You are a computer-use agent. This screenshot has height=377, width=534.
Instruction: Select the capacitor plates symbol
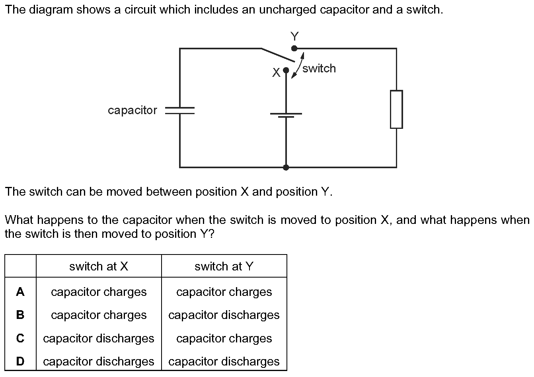coord(180,111)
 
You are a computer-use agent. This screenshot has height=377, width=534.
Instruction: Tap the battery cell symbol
coord(286,115)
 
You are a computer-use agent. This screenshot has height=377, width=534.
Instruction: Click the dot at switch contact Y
coord(294,49)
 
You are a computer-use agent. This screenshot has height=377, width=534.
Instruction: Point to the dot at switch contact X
coord(286,70)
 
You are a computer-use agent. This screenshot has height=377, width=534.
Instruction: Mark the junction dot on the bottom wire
coord(286,167)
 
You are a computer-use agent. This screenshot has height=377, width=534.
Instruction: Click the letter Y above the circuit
coord(294,37)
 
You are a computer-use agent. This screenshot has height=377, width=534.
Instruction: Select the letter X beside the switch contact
coord(276,72)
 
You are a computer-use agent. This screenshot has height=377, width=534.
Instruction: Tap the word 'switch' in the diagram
coord(319,68)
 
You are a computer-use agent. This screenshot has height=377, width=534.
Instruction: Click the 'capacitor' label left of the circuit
coord(133,110)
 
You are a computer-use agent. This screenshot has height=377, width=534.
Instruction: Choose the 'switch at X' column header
coord(99,266)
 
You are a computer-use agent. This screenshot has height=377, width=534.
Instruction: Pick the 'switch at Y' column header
coord(224,266)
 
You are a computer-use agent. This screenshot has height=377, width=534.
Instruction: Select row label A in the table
coord(20,291)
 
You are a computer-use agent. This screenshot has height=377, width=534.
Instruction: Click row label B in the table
coord(20,315)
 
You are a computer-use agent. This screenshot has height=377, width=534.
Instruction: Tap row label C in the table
coord(20,338)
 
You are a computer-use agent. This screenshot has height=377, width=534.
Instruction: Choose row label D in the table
coord(20,361)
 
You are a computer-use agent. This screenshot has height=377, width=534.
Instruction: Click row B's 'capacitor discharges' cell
coord(224,315)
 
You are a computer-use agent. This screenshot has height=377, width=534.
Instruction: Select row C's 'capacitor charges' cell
coord(224,338)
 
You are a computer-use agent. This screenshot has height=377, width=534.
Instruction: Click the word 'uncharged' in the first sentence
coord(288,10)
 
